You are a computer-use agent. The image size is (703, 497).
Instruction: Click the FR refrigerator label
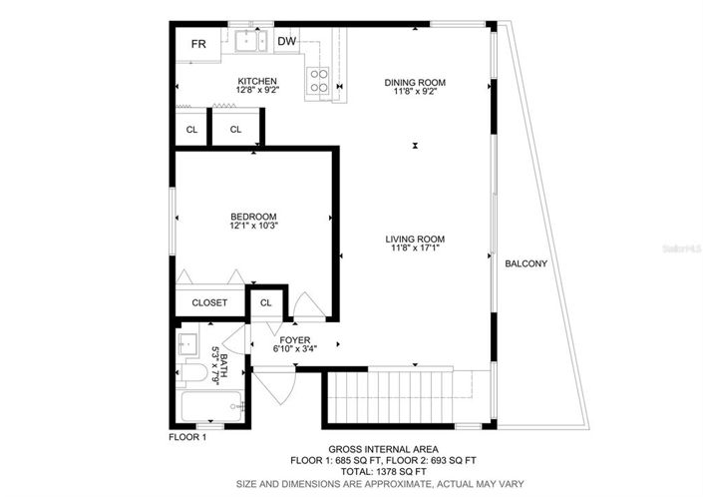pyautogui.click(x=198, y=43)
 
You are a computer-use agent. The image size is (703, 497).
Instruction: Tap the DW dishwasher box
pyautogui.click(x=286, y=41)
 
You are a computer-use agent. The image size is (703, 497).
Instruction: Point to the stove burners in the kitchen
pyautogui.click(x=320, y=80)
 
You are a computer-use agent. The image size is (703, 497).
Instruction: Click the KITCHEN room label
pyautogui.click(x=256, y=81)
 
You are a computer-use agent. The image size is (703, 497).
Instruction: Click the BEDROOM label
pyautogui.click(x=253, y=217)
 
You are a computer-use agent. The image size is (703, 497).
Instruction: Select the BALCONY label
pyautogui.click(x=526, y=263)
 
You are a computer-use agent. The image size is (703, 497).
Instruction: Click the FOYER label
pyautogui.click(x=295, y=339)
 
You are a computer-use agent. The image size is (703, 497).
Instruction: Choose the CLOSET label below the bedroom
pyautogui.click(x=209, y=302)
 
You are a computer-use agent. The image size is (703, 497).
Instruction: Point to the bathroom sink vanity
pyautogui.click(x=189, y=345)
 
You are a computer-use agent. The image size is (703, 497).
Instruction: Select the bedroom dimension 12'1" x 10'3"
pyautogui.click(x=253, y=228)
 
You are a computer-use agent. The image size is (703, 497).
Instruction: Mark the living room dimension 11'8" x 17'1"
pyautogui.click(x=416, y=249)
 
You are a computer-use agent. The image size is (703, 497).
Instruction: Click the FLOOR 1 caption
pyautogui.click(x=186, y=437)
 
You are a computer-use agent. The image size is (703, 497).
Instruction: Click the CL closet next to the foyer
pyautogui.click(x=266, y=302)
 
